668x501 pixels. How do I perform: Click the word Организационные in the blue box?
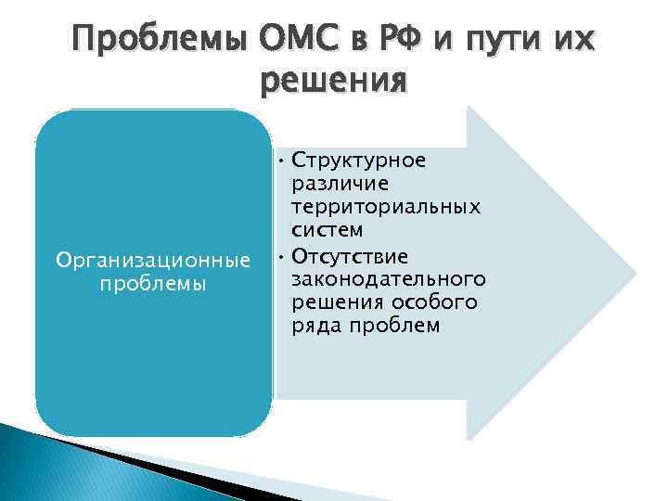click(x=154, y=262)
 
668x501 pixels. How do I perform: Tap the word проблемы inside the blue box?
click(x=153, y=284)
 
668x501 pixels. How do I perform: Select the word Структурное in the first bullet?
click(x=358, y=160)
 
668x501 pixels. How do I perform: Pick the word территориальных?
click(x=385, y=207)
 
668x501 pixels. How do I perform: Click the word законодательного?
click(x=389, y=279)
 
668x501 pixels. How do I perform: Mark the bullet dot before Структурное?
click(x=280, y=161)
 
